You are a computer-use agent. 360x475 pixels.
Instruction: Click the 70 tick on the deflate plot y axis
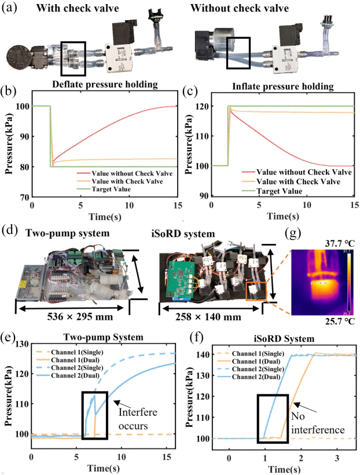click(24, 198)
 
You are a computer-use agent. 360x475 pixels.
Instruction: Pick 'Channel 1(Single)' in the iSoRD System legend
click(240, 353)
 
